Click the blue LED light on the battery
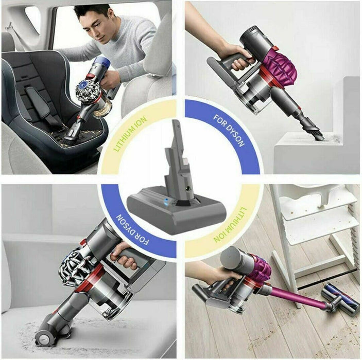point(165,201)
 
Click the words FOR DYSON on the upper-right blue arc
point(229,130)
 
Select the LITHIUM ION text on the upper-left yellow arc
point(130,134)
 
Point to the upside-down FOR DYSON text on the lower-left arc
point(132,229)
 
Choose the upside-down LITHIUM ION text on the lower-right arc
point(230,224)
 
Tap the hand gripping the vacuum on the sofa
point(123,256)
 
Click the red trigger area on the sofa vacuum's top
point(83,243)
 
